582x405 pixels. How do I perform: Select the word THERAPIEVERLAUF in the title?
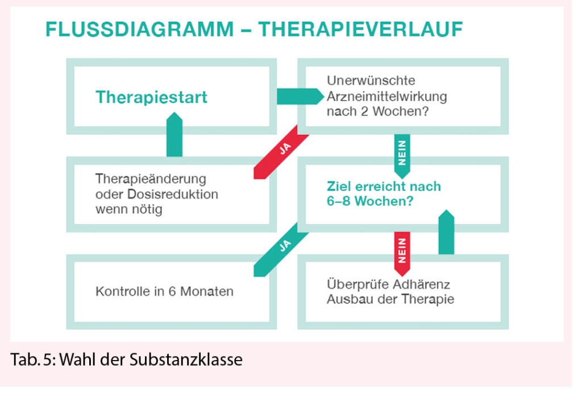tap(360, 29)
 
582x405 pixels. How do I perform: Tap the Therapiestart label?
tap(151, 97)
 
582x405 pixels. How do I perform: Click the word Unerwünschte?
tap(371, 81)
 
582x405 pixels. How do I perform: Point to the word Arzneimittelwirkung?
tap(386, 96)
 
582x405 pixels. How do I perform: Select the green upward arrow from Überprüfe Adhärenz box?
tap(447, 233)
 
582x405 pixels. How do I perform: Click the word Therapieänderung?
tap(151, 179)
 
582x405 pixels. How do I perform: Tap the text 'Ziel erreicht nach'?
tap(384, 186)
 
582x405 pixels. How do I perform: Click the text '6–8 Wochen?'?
tap(369, 201)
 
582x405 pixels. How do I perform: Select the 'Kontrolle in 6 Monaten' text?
tap(164, 292)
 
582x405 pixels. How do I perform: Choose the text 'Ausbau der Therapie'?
tap(390, 299)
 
